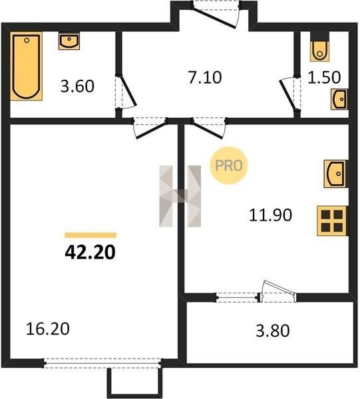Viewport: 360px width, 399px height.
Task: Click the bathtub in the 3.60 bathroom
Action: tap(26, 66)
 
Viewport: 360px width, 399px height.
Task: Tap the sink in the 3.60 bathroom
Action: tap(69, 41)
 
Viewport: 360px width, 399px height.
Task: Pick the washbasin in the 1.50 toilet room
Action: tap(339, 99)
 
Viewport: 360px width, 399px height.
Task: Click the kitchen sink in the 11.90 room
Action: tap(336, 174)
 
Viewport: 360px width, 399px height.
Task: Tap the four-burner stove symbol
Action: tap(332, 221)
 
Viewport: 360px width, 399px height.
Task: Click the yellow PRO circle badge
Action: tap(229, 166)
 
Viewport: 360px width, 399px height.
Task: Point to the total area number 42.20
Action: tap(90, 253)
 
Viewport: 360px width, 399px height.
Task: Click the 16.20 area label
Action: tap(48, 329)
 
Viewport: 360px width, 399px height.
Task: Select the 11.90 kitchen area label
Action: tap(270, 215)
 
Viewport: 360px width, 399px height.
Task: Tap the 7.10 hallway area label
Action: tap(205, 77)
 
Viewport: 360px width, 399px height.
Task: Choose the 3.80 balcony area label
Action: tap(273, 331)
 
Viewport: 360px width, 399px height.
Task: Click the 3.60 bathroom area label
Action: tap(77, 86)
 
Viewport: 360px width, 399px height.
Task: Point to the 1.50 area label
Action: tap(324, 77)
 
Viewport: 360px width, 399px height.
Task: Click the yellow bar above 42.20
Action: tap(90, 235)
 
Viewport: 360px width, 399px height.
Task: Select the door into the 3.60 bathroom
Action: tap(126, 92)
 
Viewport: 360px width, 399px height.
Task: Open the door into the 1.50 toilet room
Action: tap(290, 94)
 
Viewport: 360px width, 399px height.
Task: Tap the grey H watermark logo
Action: tap(180, 196)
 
